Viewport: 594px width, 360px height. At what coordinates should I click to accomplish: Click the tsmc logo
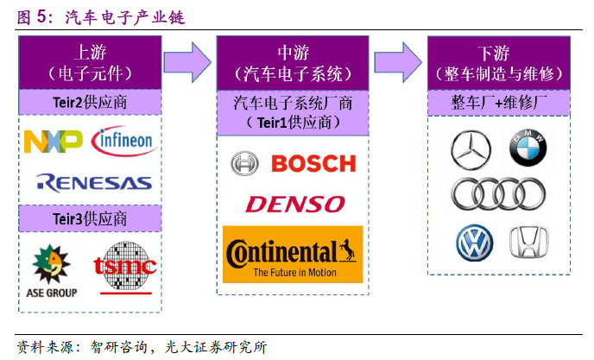point(125,268)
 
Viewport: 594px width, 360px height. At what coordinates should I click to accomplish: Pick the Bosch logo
point(294,162)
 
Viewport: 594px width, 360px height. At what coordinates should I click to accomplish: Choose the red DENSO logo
point(294,204)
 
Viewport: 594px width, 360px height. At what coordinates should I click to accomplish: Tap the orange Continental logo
point(294,254)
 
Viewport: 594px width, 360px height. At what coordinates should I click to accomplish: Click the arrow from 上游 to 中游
point(189,60)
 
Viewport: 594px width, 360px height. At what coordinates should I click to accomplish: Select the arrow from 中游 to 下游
point(399,60)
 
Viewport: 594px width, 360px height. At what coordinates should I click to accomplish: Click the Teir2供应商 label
point(91,103)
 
